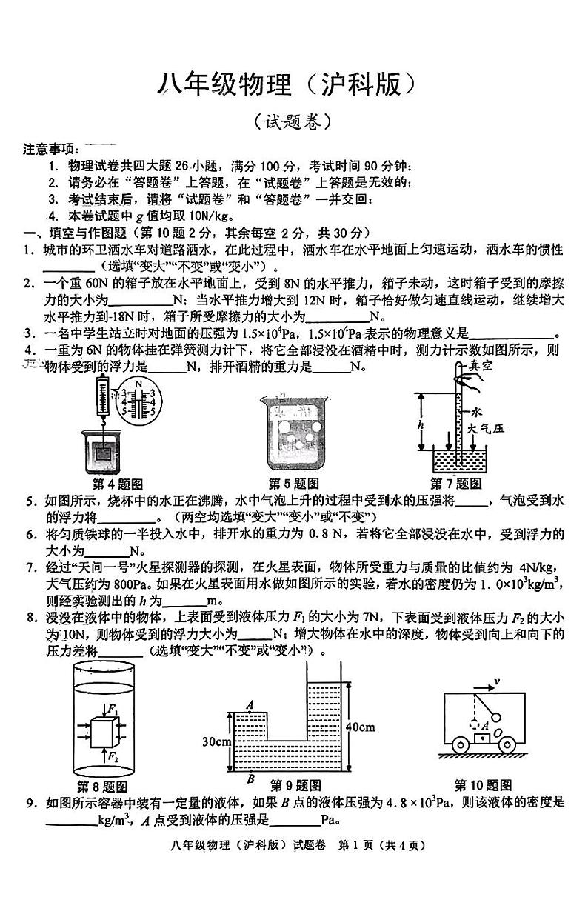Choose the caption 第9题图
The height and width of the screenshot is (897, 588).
click(x=295, y=785)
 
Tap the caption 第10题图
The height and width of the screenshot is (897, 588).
click(x=484, y=785)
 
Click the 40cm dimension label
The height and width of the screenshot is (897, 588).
click(x=360, y=727)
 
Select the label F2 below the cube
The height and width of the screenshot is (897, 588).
click(x=113, y=756)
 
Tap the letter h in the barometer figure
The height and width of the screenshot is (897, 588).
click(x=421, y=424)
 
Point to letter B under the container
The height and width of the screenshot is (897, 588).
click(x=250, y=778)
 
